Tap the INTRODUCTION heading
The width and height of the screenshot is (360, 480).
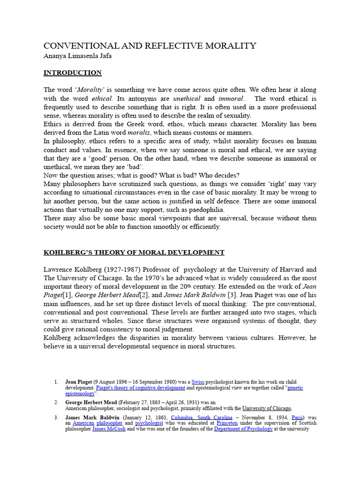point(73,73)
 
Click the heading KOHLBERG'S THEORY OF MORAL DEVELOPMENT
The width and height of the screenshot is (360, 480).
point(134,252)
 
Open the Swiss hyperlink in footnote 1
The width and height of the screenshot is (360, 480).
point(198,382)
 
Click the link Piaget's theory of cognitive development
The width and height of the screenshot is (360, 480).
point(141,388)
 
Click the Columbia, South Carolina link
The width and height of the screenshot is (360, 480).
point(202,417)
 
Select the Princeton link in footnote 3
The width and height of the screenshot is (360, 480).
point(226,423)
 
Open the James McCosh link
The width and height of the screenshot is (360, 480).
point(109,429)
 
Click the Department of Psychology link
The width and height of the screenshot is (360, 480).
point(243,429)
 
